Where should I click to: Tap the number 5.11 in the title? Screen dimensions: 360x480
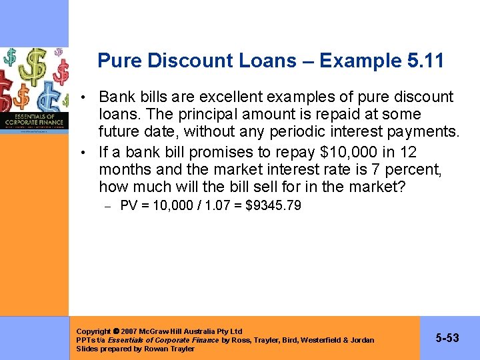click(425, 61)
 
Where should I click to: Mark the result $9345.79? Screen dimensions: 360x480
click(273, 205)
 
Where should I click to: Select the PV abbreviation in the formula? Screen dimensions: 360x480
click(129, 205)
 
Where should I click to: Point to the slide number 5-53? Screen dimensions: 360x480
click(447, 338)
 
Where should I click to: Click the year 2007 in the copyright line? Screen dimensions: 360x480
click(129, 331)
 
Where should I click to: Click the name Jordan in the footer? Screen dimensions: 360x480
click(361, 340)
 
